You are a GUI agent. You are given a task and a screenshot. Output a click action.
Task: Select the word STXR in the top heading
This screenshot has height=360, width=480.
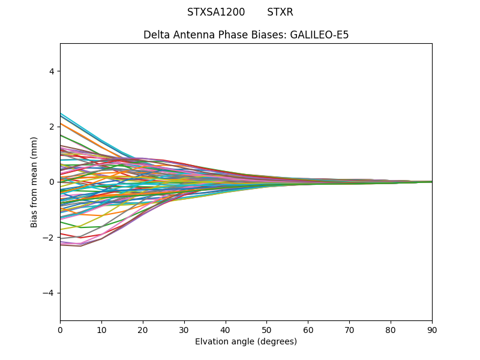tap(280, 12)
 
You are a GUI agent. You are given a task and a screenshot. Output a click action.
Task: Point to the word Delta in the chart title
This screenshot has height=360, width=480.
tap(156, 35)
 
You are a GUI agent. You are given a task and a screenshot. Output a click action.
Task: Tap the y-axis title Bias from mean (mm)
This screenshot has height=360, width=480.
tap(35, 182)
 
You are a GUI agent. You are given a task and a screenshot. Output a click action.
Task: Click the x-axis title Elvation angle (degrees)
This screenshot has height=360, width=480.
tap(246, 342)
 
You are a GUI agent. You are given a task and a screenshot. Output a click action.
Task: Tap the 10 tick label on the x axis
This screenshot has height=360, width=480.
tap(101, 329)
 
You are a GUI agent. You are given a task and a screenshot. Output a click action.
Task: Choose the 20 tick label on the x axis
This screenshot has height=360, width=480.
tap(143, 329)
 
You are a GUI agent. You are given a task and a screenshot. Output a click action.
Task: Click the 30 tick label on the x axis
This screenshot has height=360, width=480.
tap(184, 329)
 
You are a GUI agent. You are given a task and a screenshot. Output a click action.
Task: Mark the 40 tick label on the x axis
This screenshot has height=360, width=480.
tap(226, 329)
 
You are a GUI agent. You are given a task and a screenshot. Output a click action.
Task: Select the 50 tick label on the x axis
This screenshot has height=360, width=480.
tap(266, 329)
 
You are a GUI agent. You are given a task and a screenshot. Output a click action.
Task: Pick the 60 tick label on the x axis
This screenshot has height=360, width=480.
tap(308, 329)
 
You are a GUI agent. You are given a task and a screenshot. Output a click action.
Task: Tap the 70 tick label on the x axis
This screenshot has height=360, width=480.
tap(349, 329)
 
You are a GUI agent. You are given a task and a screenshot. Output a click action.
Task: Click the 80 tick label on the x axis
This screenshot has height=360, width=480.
tap(391, 329)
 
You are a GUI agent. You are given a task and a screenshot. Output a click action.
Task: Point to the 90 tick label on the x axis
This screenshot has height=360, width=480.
tap(432, 329)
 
